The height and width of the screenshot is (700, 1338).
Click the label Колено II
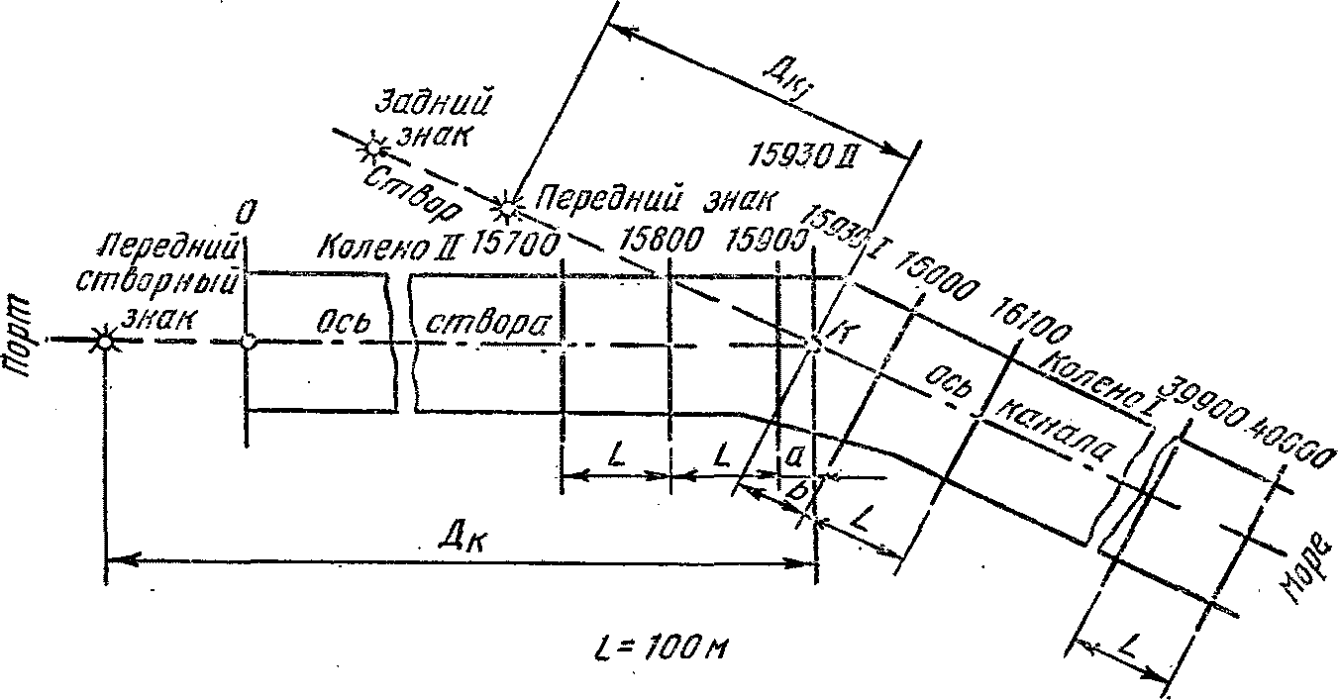tap(381, 245)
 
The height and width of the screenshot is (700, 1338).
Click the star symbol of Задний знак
tap(373, 149)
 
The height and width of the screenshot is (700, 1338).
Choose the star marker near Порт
tap(103, 341)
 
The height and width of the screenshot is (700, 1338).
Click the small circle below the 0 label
tap(247, 342)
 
